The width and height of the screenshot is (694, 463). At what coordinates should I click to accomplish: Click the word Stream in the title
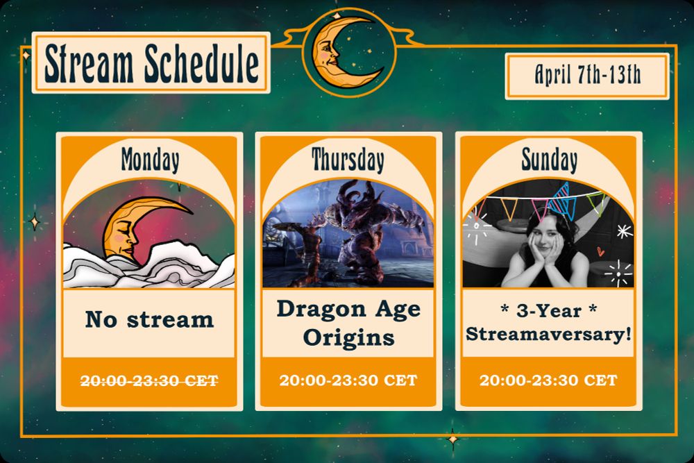pos(89,64)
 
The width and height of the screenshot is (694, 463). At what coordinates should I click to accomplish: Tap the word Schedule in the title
pos(201,63)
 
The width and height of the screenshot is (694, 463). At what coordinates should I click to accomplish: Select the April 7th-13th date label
pos(587,75)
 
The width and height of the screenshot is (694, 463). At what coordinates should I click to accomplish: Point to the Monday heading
pos(151,160)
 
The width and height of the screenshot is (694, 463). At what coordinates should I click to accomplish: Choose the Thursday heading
pos(348,160)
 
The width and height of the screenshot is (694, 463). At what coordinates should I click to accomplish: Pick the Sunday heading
pos(549,160)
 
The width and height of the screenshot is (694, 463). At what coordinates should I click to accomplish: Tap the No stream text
pos(149,319)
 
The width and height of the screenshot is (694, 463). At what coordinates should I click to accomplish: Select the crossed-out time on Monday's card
pos(149,380)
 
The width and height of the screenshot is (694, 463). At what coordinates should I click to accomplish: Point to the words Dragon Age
pos(348,310)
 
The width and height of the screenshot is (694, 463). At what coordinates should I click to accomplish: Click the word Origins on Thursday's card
pos(348,338)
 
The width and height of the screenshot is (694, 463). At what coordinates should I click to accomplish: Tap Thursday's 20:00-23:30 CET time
pos(348,380)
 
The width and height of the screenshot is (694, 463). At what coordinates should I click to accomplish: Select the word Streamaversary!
pos(548,334)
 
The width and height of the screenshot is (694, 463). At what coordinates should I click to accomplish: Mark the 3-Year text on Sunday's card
pos(548,311)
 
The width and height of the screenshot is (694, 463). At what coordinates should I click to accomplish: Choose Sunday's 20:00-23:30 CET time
pos(548,380)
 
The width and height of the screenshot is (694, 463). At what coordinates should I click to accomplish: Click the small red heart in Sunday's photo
pos(600,251)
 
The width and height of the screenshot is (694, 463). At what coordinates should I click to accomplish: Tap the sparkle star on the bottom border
pos(452,439)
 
